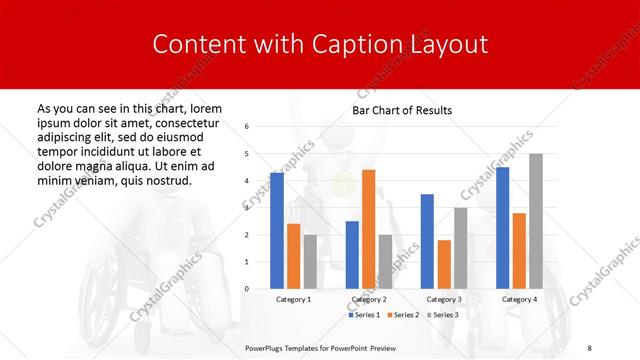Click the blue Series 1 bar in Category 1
pos(277,231)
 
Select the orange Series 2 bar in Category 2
pos(368,229)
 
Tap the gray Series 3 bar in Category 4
pos(536,221)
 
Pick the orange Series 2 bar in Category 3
pos(443,264)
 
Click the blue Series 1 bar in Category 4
pos(502,228)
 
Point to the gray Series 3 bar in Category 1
pos(309,262)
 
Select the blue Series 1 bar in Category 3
pos(427,241)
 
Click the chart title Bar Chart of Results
pos(402,110)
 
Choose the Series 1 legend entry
pos(365,315)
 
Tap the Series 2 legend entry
pos(403,315)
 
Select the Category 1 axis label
pos(293,299)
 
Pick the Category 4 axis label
pos(519,299)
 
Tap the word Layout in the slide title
pos(449,45)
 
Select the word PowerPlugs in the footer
pos(267,347)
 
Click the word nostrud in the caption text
pos(162,179)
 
